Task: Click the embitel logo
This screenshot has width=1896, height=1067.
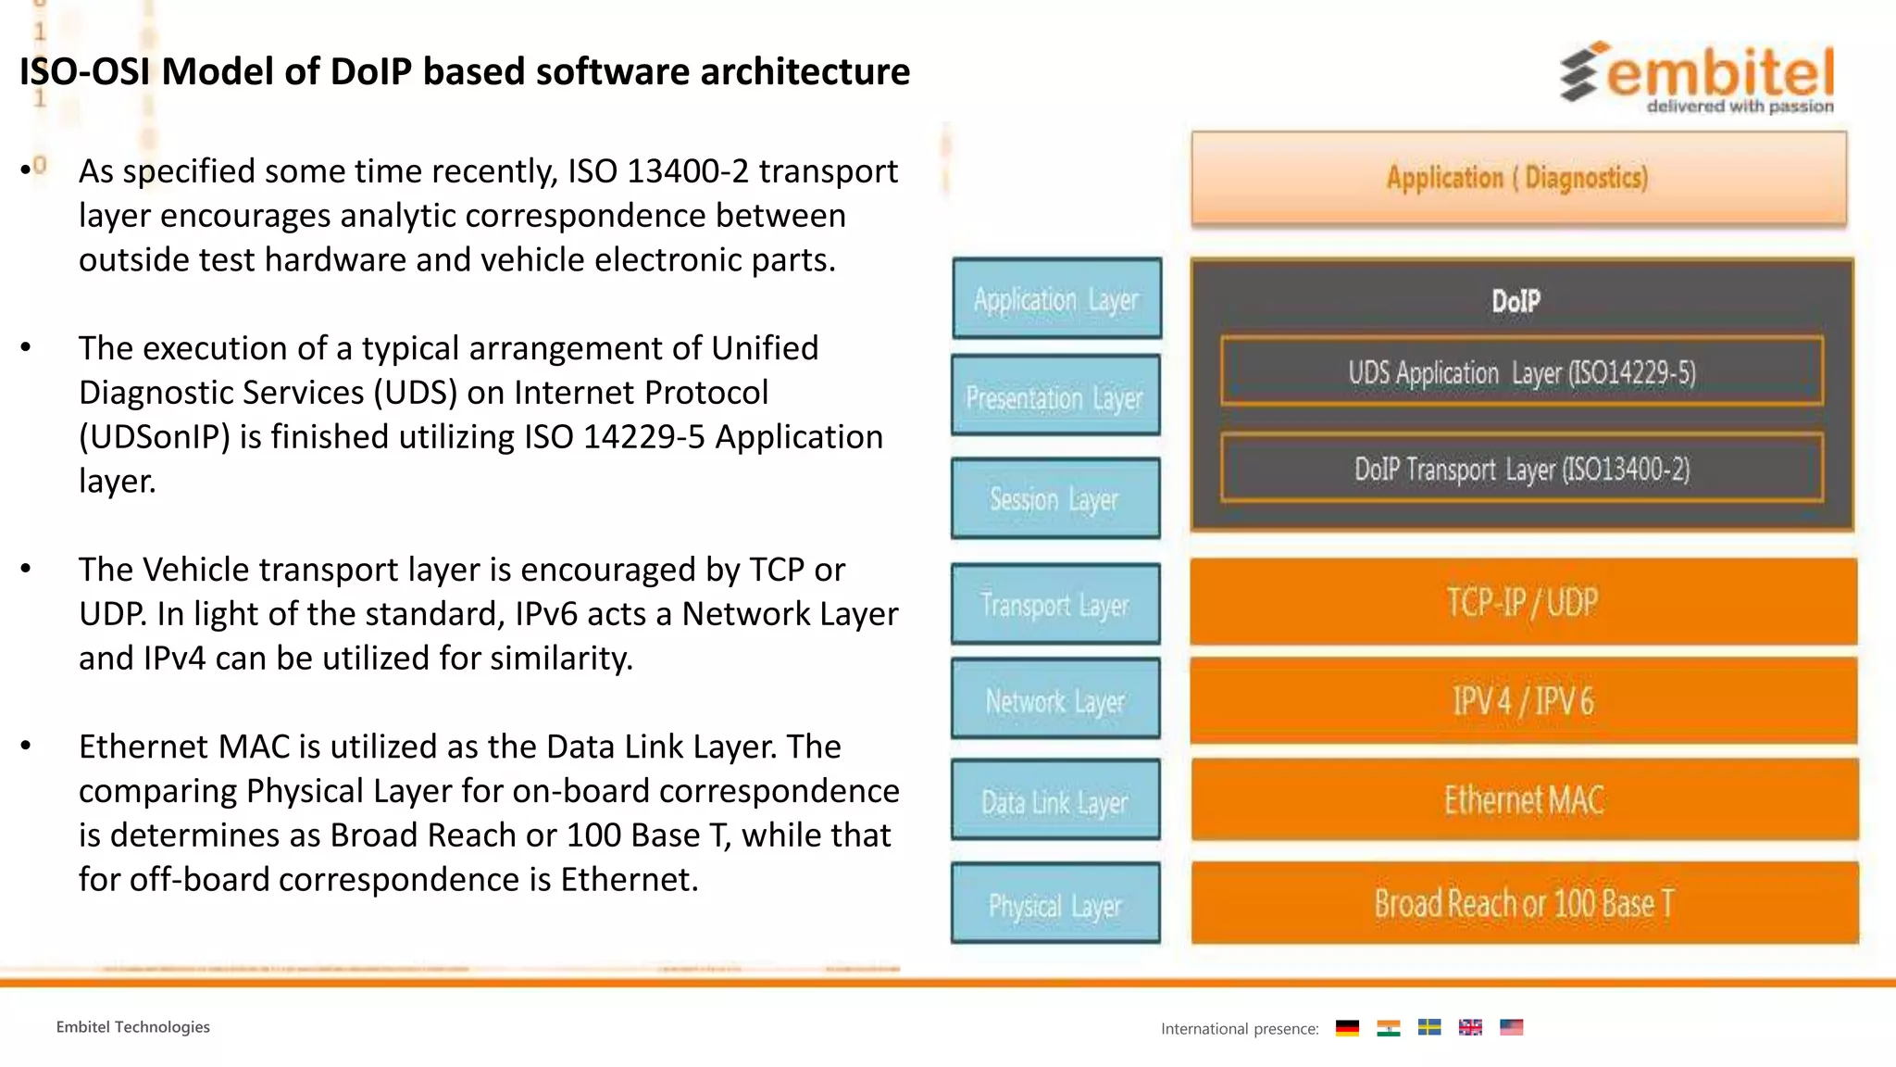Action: pyautogui.click(x=1698, y=76)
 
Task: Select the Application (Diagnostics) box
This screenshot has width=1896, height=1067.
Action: pyautogui.click(x=1518, y=178)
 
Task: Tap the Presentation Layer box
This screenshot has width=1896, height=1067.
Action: pyautogui.click(x=1055, y=396)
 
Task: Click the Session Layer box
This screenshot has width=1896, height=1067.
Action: pyautogui.click(x=1055, y=498)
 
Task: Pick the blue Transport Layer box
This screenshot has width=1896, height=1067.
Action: pyautogui.click(x=1055, y=604)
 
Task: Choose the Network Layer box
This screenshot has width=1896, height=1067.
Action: pyautogui.click(x=1055, y=700)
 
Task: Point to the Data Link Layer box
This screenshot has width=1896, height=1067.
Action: pyautogui.click(x=1055, y=800)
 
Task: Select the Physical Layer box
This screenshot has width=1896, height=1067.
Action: pyautogui.click(x=1055, y=904)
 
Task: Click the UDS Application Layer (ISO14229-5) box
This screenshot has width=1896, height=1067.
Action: pyautogui.click(x=1522, y=372)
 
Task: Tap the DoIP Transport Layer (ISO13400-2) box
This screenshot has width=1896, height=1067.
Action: pyautogui.click(x=1522, y=469)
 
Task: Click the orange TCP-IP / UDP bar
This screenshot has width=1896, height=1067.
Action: pyautogui.click(x=1523, y=602)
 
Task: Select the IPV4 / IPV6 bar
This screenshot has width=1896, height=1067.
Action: pyautogui.click(x=1523, y=700)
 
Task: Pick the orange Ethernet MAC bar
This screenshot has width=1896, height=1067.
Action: pyautogui.click(x=1524, y=799)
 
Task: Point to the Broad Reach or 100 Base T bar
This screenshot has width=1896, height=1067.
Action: pyautogui.click(x=1524, y=903)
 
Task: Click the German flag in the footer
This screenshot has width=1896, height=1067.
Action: pyautogui.click(x=1347, y=1027)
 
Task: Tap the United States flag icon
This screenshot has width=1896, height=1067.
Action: pyautogui.click(x=1511, y=1027)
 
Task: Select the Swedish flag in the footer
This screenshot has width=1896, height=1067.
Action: pyautogui.click(x=1428, y=1027)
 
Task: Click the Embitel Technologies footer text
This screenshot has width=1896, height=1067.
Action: pyautogui.click(x=132, y=1027)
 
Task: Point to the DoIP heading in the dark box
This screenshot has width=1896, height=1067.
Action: pyautogui.click(x=1516, y=301)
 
